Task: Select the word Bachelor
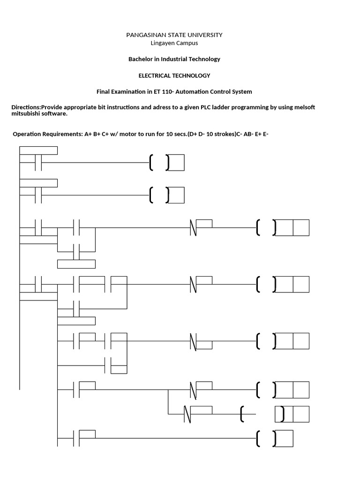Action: [141, 60]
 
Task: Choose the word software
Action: [54, 113]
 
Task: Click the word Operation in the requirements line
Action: [27, 134]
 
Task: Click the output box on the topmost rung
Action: [176, 163]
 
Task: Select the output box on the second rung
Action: [176, 195]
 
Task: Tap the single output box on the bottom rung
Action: [284, 439]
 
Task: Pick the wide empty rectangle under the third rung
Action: [76, 263]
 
